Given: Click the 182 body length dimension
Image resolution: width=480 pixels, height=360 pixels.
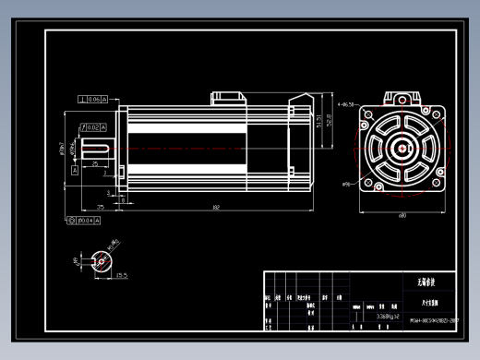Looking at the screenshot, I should click(214, 207).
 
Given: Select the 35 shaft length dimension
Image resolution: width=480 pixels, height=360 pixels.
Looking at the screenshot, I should click(99, 207).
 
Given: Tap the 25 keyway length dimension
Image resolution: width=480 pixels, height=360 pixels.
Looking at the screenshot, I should click(96, 164).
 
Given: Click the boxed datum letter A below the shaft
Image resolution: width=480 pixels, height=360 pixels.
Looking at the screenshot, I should click(75, 171).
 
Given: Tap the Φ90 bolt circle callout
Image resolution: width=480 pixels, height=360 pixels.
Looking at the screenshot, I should click(347, 185).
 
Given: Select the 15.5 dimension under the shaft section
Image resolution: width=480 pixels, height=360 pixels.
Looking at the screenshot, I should click(121, 275).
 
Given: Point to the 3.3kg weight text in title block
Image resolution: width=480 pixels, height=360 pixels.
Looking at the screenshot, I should click(377, 315).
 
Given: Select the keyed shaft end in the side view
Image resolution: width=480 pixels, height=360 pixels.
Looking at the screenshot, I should click(96, 148).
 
